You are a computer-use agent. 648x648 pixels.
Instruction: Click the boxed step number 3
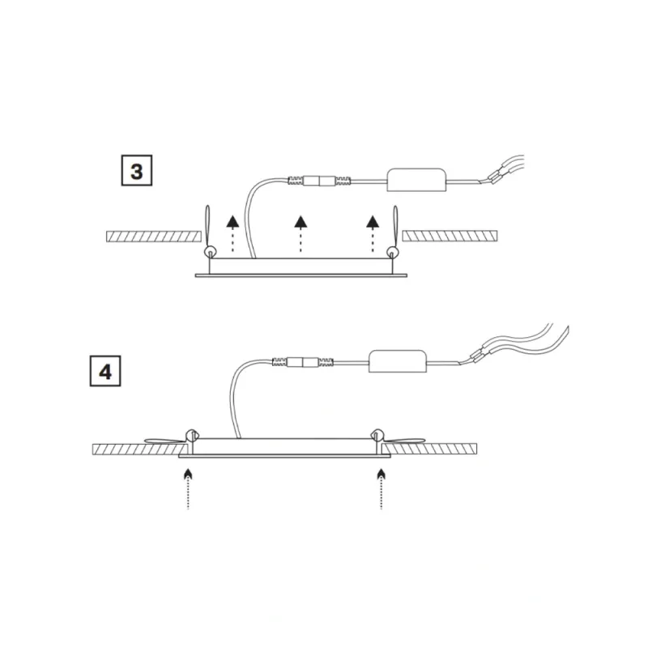[137, 171]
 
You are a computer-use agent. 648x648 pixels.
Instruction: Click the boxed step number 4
[105, 371]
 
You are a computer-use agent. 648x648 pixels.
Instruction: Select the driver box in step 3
[416, 180]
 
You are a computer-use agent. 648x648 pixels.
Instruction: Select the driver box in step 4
[398, 361]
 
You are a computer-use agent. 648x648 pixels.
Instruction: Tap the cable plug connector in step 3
[319, 181]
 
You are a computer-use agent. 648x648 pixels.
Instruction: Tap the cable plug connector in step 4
[303, 362]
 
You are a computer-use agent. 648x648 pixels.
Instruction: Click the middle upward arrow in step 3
[301, 233]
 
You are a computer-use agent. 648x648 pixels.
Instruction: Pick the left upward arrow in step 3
[232, 233]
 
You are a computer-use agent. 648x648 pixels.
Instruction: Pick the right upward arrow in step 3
[373, 233]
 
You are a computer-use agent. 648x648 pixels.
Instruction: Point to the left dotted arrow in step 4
[188, 488]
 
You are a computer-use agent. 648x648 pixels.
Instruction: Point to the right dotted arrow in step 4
[381, 488]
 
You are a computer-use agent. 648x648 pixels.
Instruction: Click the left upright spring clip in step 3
[208, 232]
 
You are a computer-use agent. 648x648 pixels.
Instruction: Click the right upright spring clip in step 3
[394, 232]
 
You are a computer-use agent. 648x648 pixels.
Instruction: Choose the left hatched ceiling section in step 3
[154, 237]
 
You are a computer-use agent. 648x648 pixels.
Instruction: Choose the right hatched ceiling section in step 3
[450, 237]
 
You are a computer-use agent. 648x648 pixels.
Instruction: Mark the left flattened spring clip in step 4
[170, 440]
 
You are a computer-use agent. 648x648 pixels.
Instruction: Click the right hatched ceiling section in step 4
[430, 450]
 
